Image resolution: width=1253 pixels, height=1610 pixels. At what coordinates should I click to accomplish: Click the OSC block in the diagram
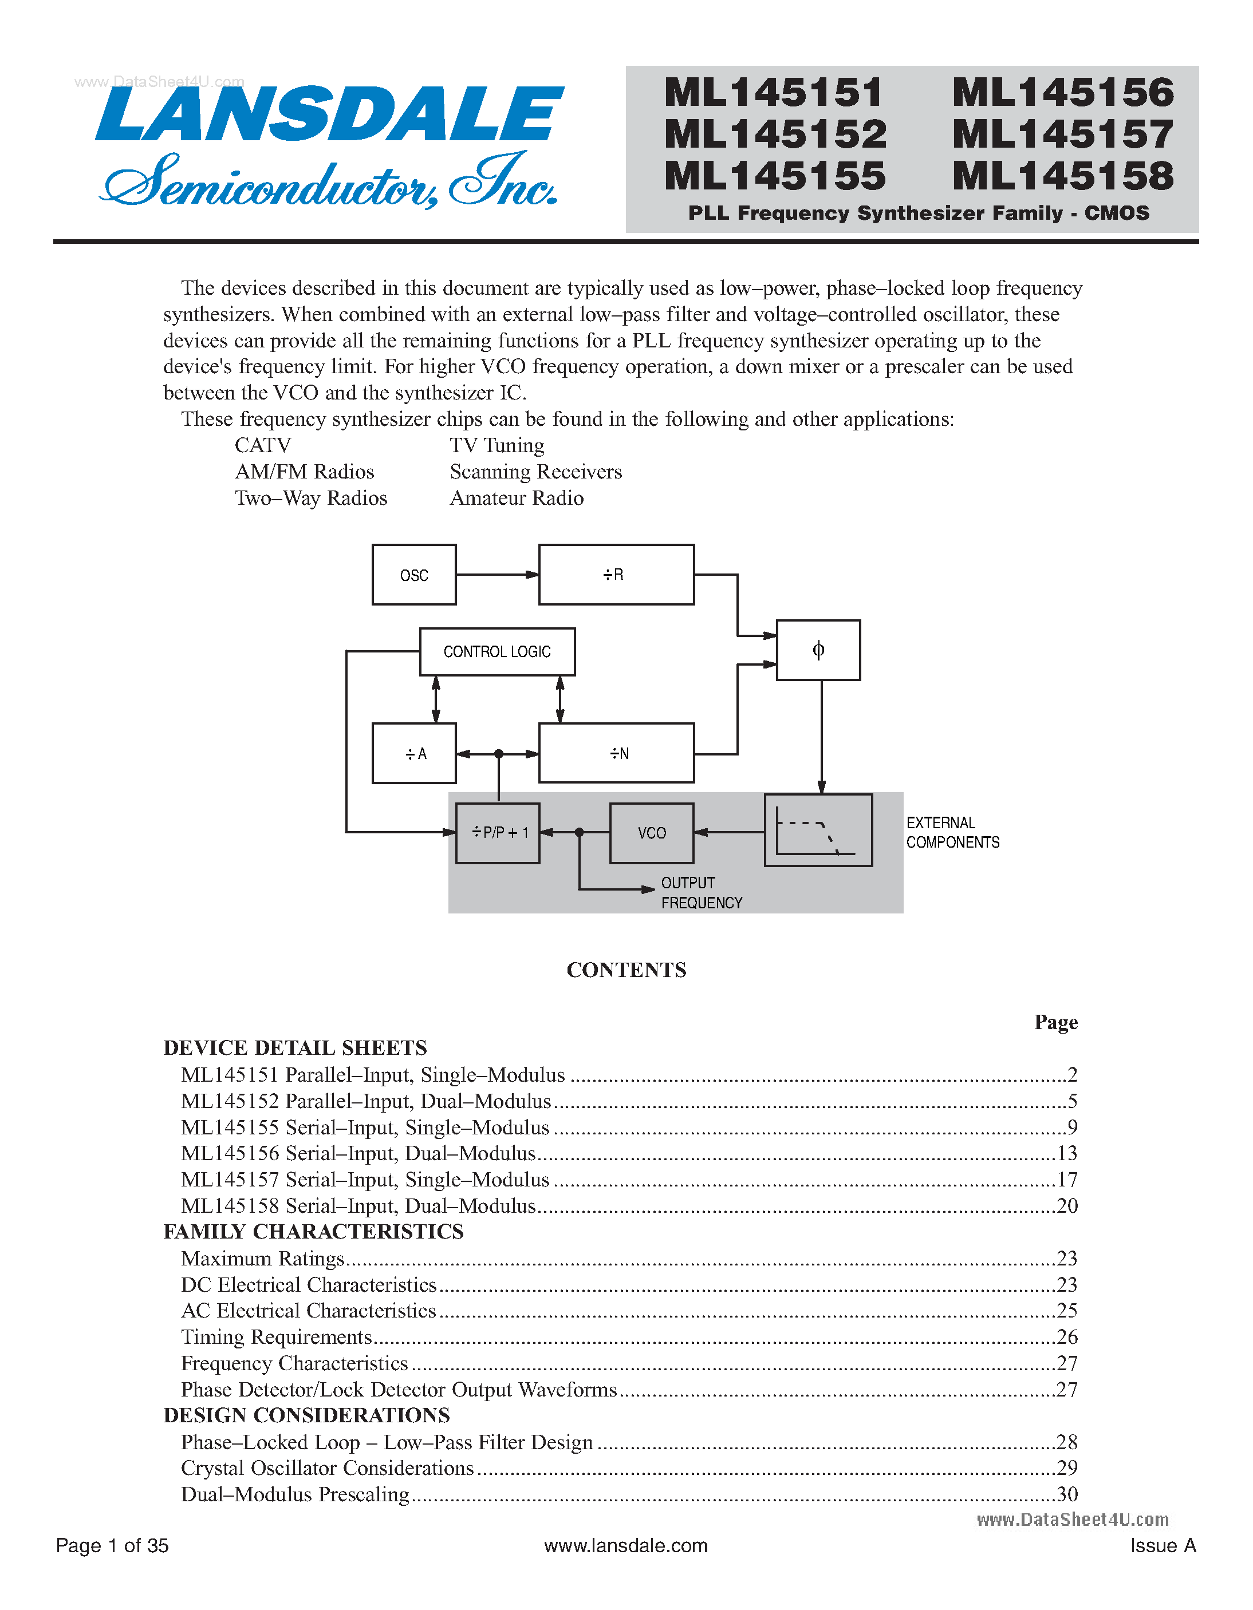pyautogui.click(x=413, y=575)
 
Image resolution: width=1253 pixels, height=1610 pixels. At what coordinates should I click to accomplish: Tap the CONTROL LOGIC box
pyautogui.click(x=497, y=652)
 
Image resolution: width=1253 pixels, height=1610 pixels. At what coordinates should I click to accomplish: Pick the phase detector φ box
pyautogui.click(x=818, y=650)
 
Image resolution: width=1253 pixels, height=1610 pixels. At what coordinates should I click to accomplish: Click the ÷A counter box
pyautogui.click(x=413, y=753)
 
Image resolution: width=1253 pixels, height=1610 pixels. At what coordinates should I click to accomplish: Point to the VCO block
pyautogui.click(x=651, y=833)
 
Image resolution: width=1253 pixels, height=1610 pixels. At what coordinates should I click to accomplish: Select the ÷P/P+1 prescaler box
pyautogui.click(x=498, y=833)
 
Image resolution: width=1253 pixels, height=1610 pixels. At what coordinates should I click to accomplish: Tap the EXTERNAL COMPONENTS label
pyautogui.click(x=952, y=832)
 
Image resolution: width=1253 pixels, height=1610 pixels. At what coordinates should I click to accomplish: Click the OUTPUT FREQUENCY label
pyautogui.click(x=700, y=893)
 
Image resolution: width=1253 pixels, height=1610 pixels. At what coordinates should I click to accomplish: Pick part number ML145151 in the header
pyautogui.click(x=774, y=93)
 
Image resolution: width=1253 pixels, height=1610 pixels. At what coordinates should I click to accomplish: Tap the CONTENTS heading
pyautogui.click(x=626, y=970)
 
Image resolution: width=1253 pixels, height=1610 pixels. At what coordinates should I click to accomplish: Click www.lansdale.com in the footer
pyautogui.click(x=625, y=1545)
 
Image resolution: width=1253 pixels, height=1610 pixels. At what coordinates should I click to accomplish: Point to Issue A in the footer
pyautogui.click(x=1163, y=1545)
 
